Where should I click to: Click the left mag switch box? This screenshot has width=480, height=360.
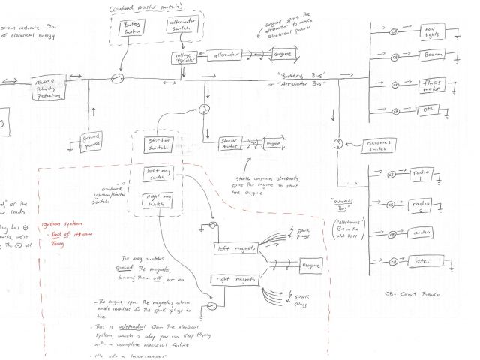(156, 175)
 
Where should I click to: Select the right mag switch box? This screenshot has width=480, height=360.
(156, 201)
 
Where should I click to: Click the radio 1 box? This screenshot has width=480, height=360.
(425, 175)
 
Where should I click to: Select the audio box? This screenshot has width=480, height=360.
(425, 233)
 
